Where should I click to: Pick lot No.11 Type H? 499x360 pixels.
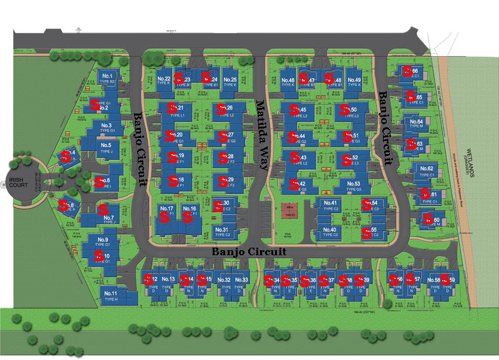click(110, 295)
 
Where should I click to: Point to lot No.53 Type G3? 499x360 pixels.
click(353, 186)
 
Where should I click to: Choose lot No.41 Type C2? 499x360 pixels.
click(331, 205)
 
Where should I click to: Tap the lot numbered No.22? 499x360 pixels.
click(163, 80)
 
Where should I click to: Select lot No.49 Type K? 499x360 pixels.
click(354, 82)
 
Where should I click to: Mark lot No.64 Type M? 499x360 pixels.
click(417, 124)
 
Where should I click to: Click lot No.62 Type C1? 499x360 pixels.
click(427, 171)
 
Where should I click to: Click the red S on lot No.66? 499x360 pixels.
click(407, 71)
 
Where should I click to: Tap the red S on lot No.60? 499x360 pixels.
click(429, 218)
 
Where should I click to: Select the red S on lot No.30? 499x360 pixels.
click(217, 205)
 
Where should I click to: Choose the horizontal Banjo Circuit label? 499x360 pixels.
click(249, 251)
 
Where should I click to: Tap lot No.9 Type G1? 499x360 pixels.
click(102, 243)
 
